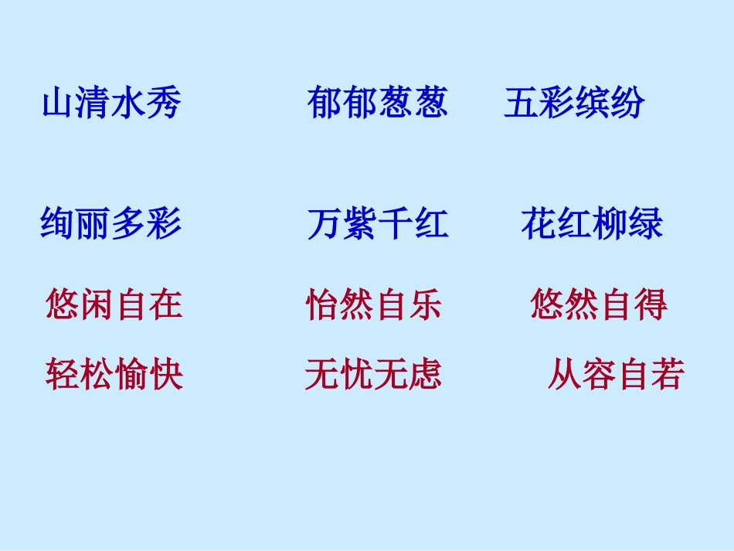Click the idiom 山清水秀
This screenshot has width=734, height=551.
click(x=111, y=104)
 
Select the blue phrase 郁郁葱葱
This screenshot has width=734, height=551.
click(x=377, y=104)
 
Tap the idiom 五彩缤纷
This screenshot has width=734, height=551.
click(x=574, y=104)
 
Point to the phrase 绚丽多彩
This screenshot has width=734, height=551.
click(x=111, y=224)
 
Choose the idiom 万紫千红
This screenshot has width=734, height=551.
click(x=377, y=224)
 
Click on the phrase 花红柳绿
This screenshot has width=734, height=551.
click(x=592, y=224)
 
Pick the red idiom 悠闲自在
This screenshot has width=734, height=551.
click(x=114, y=304)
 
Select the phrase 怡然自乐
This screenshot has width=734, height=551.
click(x=374, y=304)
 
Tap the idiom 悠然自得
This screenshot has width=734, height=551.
click(x=600, y=304)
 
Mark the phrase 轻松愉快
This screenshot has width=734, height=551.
click(x=114, y=375)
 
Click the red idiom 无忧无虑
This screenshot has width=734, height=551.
click(x=374, y=375)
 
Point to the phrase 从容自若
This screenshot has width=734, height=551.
click(x=617, y=375)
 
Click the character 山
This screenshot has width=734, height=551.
click(x=59, y=104)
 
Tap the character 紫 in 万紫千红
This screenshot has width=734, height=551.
click(x=360, y=224)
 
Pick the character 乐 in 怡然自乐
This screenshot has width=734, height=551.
click(x=426, y=304)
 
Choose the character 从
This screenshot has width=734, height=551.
click(x=565, y=375)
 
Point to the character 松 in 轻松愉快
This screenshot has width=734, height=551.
click(x=97, y=375)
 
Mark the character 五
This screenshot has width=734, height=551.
click(x=522, y=104)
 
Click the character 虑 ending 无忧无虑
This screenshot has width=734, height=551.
click(x=426, y=375)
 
